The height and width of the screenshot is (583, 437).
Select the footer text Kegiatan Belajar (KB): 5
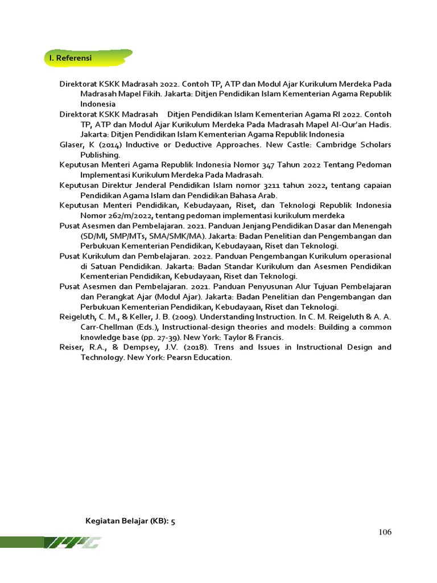pyautogui.click(x=130, y=521)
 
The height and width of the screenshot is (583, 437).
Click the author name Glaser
pyautogui.click(x=71, y=145)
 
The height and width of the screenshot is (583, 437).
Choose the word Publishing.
pyautogui.click(x=100, y=155)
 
